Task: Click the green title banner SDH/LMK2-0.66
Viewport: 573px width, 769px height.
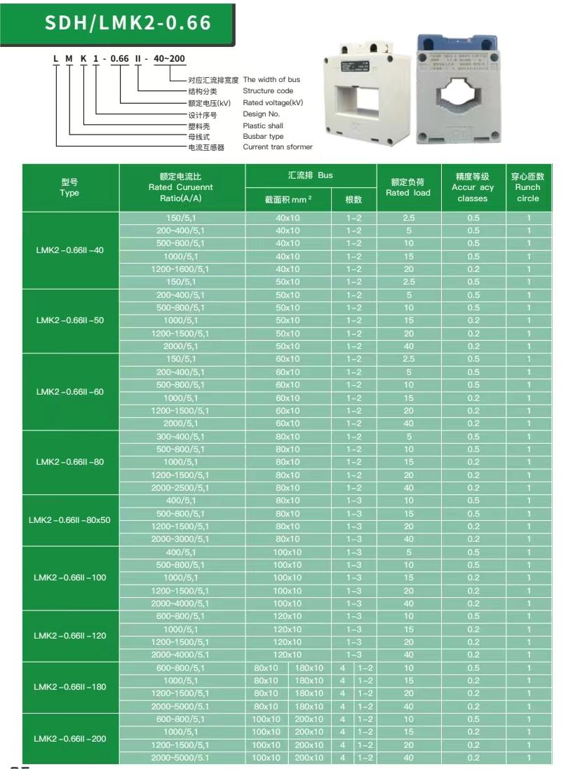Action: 128,22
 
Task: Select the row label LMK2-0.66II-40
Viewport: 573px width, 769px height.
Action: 70,250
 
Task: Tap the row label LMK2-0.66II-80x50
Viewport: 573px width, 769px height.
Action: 70,520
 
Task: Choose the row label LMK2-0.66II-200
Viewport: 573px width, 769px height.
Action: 70,738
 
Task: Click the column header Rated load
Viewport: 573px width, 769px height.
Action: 408,188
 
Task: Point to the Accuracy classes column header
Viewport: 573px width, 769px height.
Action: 473,188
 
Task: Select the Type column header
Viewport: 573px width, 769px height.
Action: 70,188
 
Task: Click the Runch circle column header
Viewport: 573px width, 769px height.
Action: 528,188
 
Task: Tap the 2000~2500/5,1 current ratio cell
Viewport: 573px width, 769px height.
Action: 182,488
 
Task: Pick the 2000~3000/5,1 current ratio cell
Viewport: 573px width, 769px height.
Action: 182,539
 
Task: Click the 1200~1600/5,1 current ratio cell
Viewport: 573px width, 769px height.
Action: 182,269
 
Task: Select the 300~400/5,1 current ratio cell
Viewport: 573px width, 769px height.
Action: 182,437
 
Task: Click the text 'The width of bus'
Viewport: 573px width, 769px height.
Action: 271,80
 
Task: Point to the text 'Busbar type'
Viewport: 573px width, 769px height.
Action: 263,137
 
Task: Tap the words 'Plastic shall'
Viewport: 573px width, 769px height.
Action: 263,125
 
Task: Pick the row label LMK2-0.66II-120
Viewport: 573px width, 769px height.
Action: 70,636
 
